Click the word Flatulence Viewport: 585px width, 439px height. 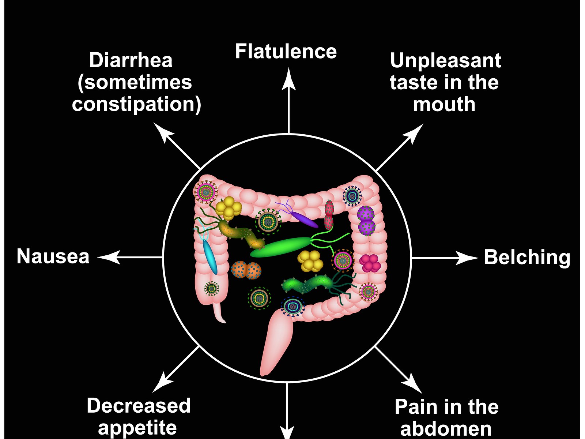pos(286,51)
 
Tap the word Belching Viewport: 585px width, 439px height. pos(527,257)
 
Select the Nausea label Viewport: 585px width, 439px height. pos(53,256)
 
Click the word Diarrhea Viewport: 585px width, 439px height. pos(131,60)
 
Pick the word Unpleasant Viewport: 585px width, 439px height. pos(445,60)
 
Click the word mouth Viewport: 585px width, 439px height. pos(444,105)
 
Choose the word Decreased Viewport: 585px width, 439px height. pos(139,405)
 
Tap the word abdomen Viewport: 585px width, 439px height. pos(446,428)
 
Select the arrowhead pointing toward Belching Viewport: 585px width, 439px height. pos(468,258)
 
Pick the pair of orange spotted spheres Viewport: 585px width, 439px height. pos(246,270)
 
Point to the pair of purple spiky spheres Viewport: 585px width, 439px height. pos(366,220)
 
